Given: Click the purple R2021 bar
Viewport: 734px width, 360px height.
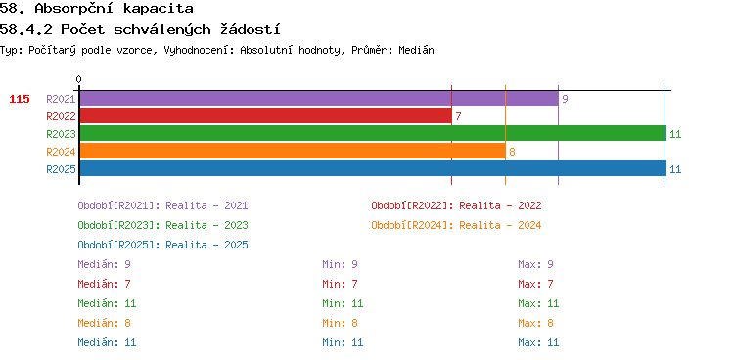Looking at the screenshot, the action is pos(319,99).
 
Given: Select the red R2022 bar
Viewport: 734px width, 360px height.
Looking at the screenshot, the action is pos(265,116).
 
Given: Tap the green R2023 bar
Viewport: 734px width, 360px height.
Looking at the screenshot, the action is pos(373,133).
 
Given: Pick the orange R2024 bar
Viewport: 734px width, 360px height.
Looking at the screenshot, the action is pos(293,152).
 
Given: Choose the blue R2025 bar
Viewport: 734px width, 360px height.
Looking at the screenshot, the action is pos(373,168).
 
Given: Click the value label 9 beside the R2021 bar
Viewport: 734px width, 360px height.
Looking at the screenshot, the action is pos(565,99).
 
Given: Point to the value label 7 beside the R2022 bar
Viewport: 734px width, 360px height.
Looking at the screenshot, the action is pos(458,116).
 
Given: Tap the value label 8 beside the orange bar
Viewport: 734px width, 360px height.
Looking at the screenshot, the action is pos(512,152).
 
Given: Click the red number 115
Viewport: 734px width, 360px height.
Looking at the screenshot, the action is pos(20,99).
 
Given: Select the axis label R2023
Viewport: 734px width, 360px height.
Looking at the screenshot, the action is pos(61,134).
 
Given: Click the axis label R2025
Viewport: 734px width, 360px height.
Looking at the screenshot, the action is pos(61,169).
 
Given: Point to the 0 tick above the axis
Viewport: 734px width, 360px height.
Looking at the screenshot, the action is pos(78,79).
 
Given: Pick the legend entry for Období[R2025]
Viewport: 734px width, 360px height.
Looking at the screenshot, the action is pos(162,245).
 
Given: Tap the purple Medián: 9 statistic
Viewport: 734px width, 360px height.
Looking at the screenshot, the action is pos(104,264).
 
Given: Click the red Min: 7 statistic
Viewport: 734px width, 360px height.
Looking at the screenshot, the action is pos(340,284).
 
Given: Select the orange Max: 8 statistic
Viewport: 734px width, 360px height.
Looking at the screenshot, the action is pos(535,323).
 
